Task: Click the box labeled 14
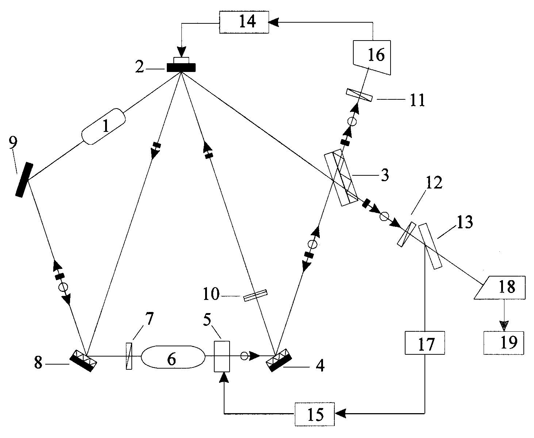pos(244,22)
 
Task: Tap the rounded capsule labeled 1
pos(103,126)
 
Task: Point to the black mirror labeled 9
pos(24,180)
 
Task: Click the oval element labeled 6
pos(173,357)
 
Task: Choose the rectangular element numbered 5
pos(222,357)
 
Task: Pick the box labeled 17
pos(424,343)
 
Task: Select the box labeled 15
pos(315,414)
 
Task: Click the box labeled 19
pos(504,343)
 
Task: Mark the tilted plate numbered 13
pos(430,246)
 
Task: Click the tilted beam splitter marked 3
pos(341,178)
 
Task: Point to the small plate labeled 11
pos(359,95)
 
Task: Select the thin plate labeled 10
pos(255,296)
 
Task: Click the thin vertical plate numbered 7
pos(129,356)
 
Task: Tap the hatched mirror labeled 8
pos(83,361)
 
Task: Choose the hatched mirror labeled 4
pos(279,360)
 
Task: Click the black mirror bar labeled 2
pos(181,68)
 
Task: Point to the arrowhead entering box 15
pos(339,414)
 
